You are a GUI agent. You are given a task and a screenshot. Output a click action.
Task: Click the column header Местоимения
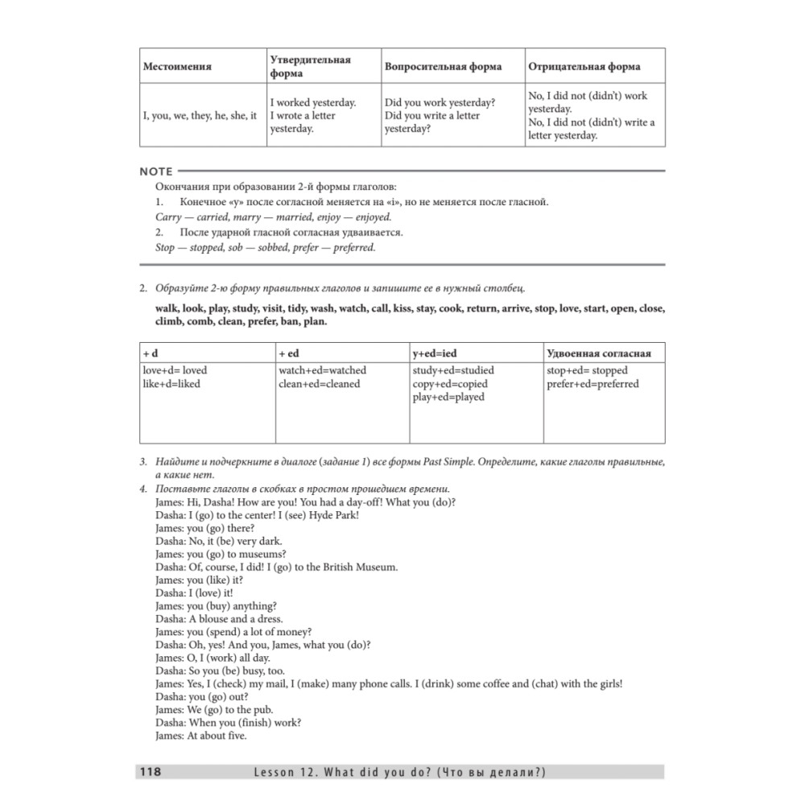pos(177,66)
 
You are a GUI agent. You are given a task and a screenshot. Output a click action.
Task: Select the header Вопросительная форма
pos(443,66)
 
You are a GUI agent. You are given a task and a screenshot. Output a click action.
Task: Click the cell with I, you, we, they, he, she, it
pos(200,116)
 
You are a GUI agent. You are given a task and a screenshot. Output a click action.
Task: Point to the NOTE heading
pos(156,171)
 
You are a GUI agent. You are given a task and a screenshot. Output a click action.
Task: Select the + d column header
pos(151,353)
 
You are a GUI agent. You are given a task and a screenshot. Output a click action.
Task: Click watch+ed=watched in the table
pos(322,370)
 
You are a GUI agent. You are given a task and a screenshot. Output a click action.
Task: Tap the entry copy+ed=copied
pos(450,384)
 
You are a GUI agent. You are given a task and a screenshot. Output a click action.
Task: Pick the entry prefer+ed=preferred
pos(592,384)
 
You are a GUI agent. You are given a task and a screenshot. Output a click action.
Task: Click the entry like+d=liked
pos(171,384)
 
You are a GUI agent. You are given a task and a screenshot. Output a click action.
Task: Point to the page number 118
pos(151,772)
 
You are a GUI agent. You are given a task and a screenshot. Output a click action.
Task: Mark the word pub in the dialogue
pos(262,710)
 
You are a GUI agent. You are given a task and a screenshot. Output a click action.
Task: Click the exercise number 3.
pos(142,461)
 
